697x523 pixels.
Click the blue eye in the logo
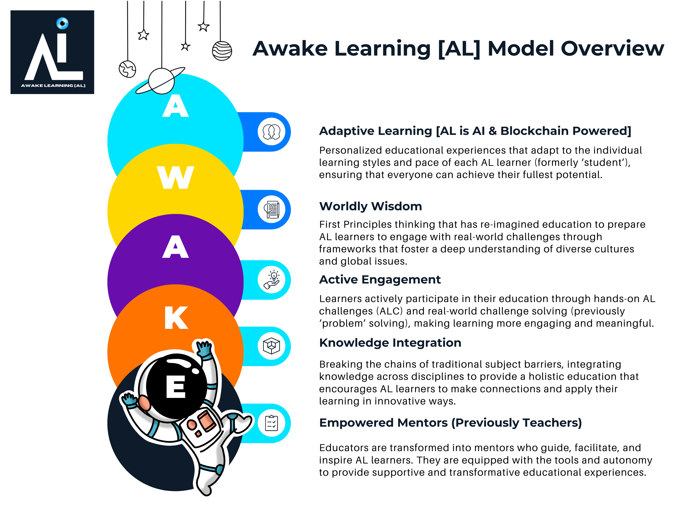(62, 23)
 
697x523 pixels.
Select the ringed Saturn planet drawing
(161, 80)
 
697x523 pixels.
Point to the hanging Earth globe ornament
(127, 69)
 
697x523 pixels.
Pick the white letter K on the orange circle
(176, 318)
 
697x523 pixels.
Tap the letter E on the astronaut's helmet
(176, 387)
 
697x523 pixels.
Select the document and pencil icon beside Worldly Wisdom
(271, 209)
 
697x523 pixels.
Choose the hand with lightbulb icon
(271, 280)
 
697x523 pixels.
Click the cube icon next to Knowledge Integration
(271, 346)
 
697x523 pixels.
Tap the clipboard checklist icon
(271, 423)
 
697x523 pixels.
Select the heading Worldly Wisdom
(370, 206)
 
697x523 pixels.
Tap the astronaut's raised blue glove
(204, 348)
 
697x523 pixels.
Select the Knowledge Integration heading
(390, 343)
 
